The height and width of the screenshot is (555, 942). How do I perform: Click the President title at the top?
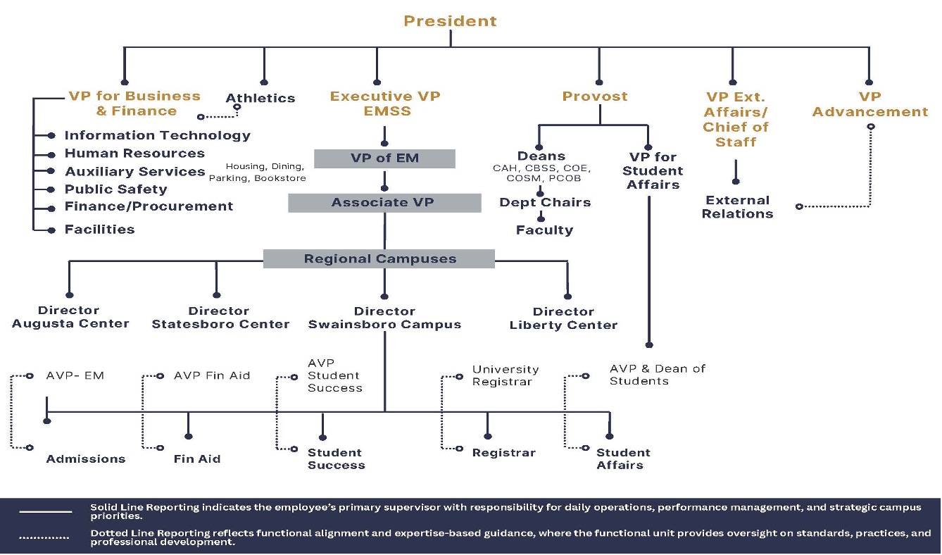[x=450, y=21]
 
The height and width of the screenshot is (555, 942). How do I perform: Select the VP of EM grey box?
[x=384, y=158]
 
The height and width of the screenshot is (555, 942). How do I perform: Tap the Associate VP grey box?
[x=384, y=203]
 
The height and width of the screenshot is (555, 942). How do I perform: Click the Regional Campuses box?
[x=379, y=259]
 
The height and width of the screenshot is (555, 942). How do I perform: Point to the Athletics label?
[x=260, y=99]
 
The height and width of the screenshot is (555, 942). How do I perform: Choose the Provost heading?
[x=595, y=96]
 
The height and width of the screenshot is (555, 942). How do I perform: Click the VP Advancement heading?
[x=870, y=104]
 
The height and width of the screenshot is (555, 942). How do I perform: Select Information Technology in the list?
[x=157, y=135]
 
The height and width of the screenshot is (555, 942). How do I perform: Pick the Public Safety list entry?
[x=116, y=189]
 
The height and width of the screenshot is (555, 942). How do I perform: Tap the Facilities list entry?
[x=99, y=230]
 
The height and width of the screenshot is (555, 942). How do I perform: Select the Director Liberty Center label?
[x=563, y=318]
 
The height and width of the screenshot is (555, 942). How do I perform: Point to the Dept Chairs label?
[x=545, y=203]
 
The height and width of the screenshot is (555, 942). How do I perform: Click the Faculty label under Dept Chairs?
[x=544, y=230]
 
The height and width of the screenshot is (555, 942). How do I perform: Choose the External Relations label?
[x=737, y=207]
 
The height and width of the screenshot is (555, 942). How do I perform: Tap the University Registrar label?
[x=505, y=375]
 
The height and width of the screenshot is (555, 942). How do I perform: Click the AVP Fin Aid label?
[x=212, y=376]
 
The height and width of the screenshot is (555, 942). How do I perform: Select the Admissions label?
[x=86, y=459]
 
